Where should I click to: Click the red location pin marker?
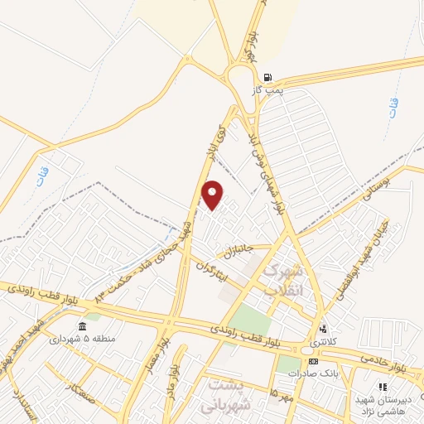click(213, 195)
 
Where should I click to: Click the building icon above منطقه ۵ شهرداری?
click(81, 325)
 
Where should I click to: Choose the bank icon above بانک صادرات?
click(313, 361)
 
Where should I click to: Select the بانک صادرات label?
click(310, 373)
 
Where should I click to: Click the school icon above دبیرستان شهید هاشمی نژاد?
click(382, 387)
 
